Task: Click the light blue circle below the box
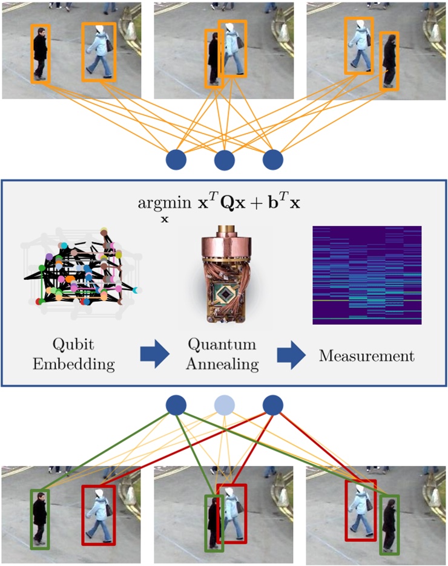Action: (x=225, y=405)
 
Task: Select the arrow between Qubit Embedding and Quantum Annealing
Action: (x=154, y=355)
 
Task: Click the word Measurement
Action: (x=366, y=356)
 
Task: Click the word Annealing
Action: (x=223, y=365)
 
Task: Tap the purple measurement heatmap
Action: (x=366, y=275)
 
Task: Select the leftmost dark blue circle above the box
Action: (x=176, y=160)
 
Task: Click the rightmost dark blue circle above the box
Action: (x=273, y=160)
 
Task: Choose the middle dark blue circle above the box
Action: (x=225, y=160)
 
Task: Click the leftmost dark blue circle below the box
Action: (x=176, y=405)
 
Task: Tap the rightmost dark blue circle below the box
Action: (x=273, y=405)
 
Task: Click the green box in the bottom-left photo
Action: (x=40, y=519)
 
